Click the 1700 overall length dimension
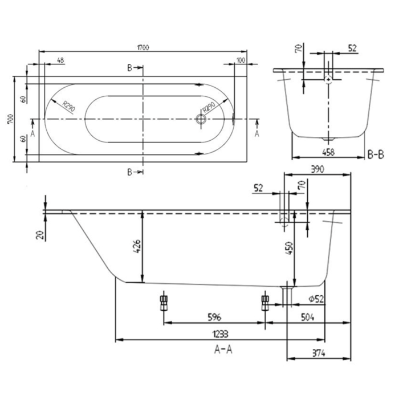(x=143, y=47)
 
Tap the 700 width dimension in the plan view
(x=11, y=119)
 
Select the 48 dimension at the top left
(x=60, y=60)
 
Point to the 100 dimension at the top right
(x=241, y=60)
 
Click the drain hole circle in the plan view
(x=201, y=119)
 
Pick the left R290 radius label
(x=69, y=106)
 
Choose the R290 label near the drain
(x=209, y=107)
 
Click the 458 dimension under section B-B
(x=328, y=152)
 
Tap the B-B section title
(x=376, y=154)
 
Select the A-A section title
(x=223, y=349)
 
